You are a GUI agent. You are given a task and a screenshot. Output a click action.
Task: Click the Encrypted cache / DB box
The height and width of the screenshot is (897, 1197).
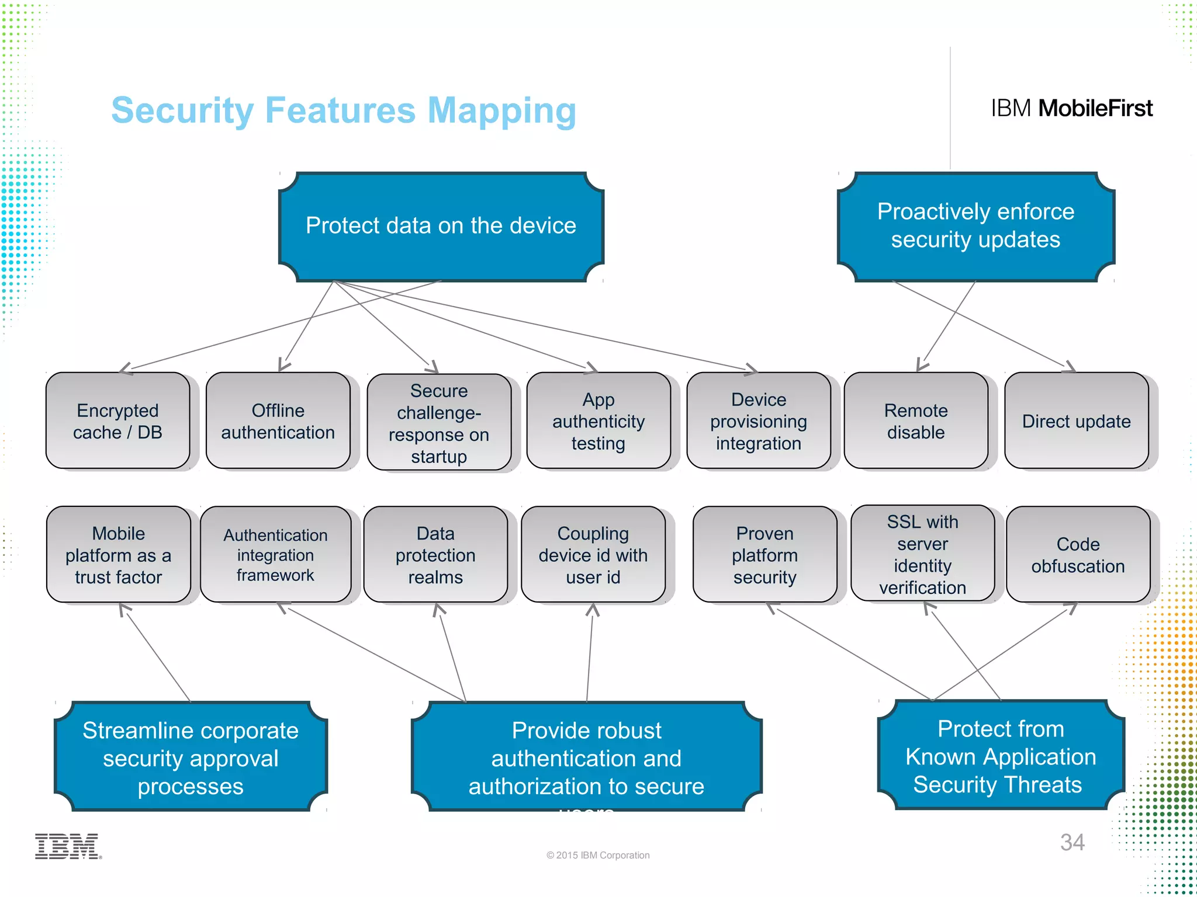pyautogui.click(x=117, y=420)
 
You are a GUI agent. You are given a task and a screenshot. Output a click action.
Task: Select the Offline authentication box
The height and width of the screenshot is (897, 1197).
pyautogui.click(x=278, y=420)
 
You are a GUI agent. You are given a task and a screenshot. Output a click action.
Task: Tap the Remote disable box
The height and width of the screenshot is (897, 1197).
pyautogui.click(x=916, y=420)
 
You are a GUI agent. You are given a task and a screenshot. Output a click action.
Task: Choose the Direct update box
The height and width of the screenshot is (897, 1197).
pyautogui.click(x=1076, y=420)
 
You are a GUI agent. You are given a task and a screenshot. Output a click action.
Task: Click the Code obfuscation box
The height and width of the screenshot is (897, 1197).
pyautogui.click(x=1078, y=554)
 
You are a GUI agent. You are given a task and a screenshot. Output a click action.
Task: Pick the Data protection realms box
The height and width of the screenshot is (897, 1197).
pyautogui.click(x=435, y=554)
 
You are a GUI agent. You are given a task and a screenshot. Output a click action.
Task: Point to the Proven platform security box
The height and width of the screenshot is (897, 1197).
pyautogui.click(x=764, y=554)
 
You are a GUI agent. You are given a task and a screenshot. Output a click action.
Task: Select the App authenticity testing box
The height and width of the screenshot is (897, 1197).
pyautogui.click(x=598, y=420)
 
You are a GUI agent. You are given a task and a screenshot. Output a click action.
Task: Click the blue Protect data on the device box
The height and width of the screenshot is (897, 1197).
pyautogui.click(x=441, y=227)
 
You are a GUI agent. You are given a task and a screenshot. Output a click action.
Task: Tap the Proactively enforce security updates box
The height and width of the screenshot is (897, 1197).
pyautogui.click(x=975, y=227)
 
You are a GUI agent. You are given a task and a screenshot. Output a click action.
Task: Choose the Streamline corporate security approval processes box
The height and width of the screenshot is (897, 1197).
pyautogui.click(x=191, y=757)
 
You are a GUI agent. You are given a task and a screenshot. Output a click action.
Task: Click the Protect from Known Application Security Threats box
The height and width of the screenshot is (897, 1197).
pyautogui.click(x=1000, y=756)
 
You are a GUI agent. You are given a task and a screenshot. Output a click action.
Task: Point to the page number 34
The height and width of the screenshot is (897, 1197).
pyautogui.click(x=1072, y=842)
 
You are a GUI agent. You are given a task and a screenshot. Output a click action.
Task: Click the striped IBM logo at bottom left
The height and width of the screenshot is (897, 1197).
pyautogui.click(x=67, y=846)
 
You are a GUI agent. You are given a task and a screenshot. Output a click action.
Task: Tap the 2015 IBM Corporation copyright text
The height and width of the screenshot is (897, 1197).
pyautogui.click(x=598, y=855)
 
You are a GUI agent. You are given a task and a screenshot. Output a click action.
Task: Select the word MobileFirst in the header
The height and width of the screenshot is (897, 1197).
pyautogui.click(x=1095, y=109)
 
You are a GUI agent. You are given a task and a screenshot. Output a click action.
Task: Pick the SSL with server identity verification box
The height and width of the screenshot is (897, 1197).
pyautogui.click(x=922, y=554)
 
